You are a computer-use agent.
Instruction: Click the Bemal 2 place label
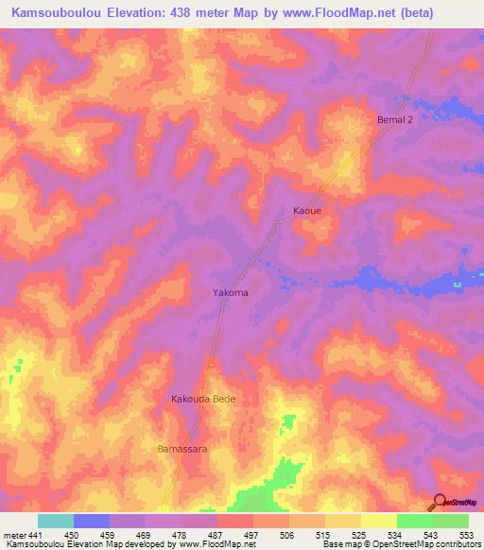tap(397, 120)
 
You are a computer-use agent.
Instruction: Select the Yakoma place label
tap(230, 293)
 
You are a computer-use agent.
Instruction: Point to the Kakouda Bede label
tap(202, 400)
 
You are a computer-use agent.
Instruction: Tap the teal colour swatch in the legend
tap(56, 521)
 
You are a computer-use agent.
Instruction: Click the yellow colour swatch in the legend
tap(379, 521)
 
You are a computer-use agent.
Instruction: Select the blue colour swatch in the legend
tap(92, 521)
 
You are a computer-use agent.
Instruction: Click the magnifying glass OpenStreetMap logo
tap(440, 503)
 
